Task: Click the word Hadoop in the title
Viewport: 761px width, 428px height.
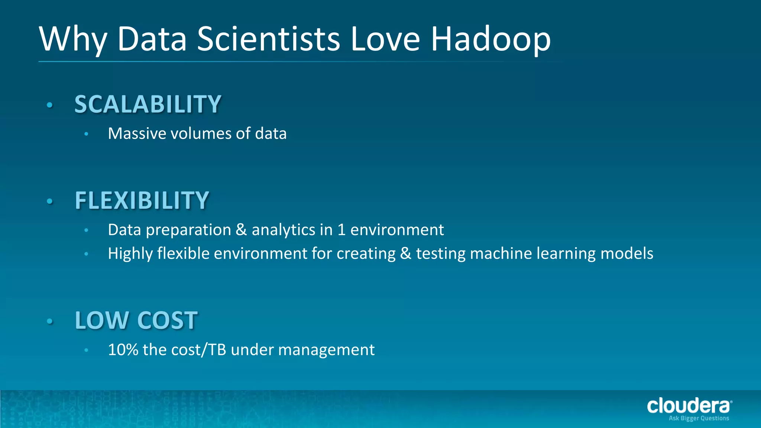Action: click(x=490, y=39)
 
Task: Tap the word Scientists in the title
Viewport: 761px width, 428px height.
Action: click(x=268, y=39)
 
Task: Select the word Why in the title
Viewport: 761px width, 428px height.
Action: click(x=73, y=39)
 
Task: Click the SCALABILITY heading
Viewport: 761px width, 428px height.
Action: click(x=148, y=104)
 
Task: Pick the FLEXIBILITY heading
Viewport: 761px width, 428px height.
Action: click(x=142, y=200)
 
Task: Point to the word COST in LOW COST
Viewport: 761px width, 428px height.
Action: click(x=167, y=320)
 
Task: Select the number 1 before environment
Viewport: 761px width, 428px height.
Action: click(x=341, y=230)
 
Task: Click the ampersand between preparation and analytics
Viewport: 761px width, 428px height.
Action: click(x=241, y=230)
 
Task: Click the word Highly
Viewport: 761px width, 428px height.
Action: click(x=130, y=254)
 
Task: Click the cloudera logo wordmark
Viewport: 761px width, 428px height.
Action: click(x=689, y=406)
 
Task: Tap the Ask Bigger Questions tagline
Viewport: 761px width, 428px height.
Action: click(x=699, y=418)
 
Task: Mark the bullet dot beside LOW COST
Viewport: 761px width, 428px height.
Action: click(x=50, y=321)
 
